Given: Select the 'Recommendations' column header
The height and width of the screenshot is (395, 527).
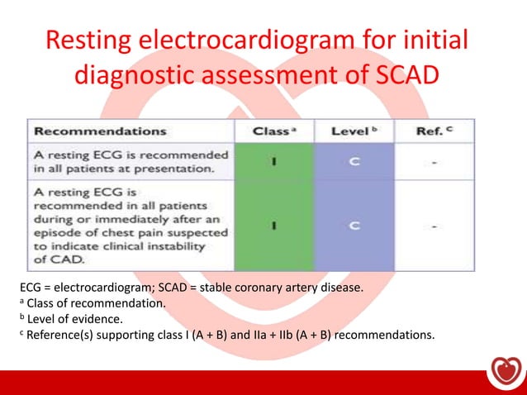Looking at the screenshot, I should click(99, 131).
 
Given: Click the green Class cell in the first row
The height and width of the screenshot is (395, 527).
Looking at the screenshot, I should click(273, 161).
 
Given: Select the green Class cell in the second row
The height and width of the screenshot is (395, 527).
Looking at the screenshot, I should click(273, 225).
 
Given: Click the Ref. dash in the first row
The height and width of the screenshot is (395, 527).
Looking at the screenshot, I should click(435, 162).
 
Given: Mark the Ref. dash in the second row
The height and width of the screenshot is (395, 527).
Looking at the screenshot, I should click(435, 225).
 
